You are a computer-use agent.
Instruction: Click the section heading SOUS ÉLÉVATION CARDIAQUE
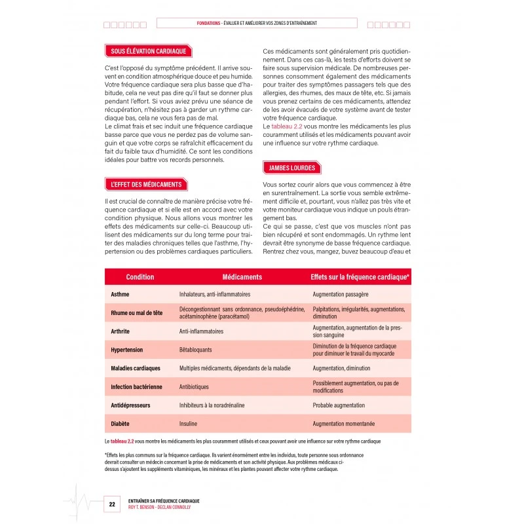(x=149, y=50)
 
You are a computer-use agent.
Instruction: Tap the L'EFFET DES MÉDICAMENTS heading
(x=146, y=185)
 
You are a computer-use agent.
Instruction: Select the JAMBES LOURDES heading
(x=291, y=168)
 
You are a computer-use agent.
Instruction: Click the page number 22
(x=112, y=504)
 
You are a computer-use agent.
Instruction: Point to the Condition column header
(x=140, y=277)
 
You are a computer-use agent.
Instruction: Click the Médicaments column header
(x=242, y=277)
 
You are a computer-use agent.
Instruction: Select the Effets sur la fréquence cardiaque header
(x=360, y=277)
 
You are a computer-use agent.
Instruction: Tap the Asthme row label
(x=121, y=295)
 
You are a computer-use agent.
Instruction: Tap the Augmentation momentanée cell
(x=344, y=424)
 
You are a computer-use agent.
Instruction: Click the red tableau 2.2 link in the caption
(x=125, y=441)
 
